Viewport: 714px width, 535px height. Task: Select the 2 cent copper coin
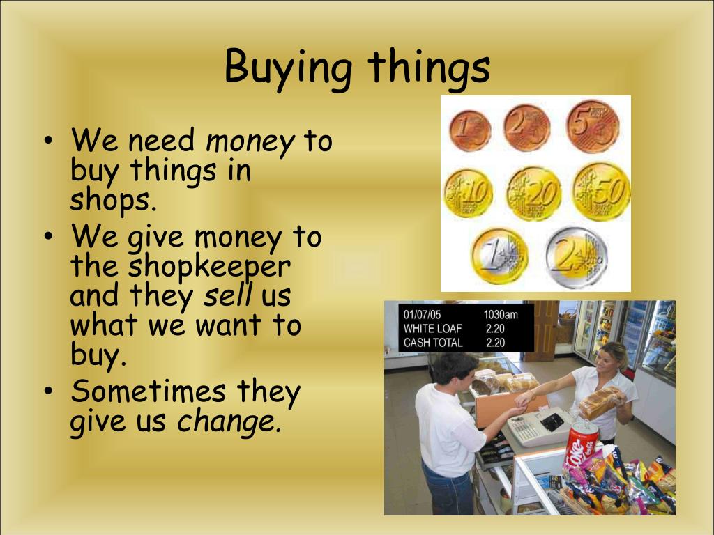point(527,127)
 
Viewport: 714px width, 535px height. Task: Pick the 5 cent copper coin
point(593,125)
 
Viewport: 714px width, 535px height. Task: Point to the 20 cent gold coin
point(533,192)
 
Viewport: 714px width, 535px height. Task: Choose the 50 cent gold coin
point(601,190)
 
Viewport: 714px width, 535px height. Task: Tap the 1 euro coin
point(499,256)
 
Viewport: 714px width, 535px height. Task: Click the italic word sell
point(227,296)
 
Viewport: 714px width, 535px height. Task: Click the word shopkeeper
point(208,266)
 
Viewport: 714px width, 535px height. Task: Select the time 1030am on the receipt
point(501,315)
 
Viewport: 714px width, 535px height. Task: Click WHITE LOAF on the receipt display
point(432,329)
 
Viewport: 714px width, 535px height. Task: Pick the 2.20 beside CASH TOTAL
point(495,343)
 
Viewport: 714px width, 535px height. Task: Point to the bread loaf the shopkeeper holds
point(599,402)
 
